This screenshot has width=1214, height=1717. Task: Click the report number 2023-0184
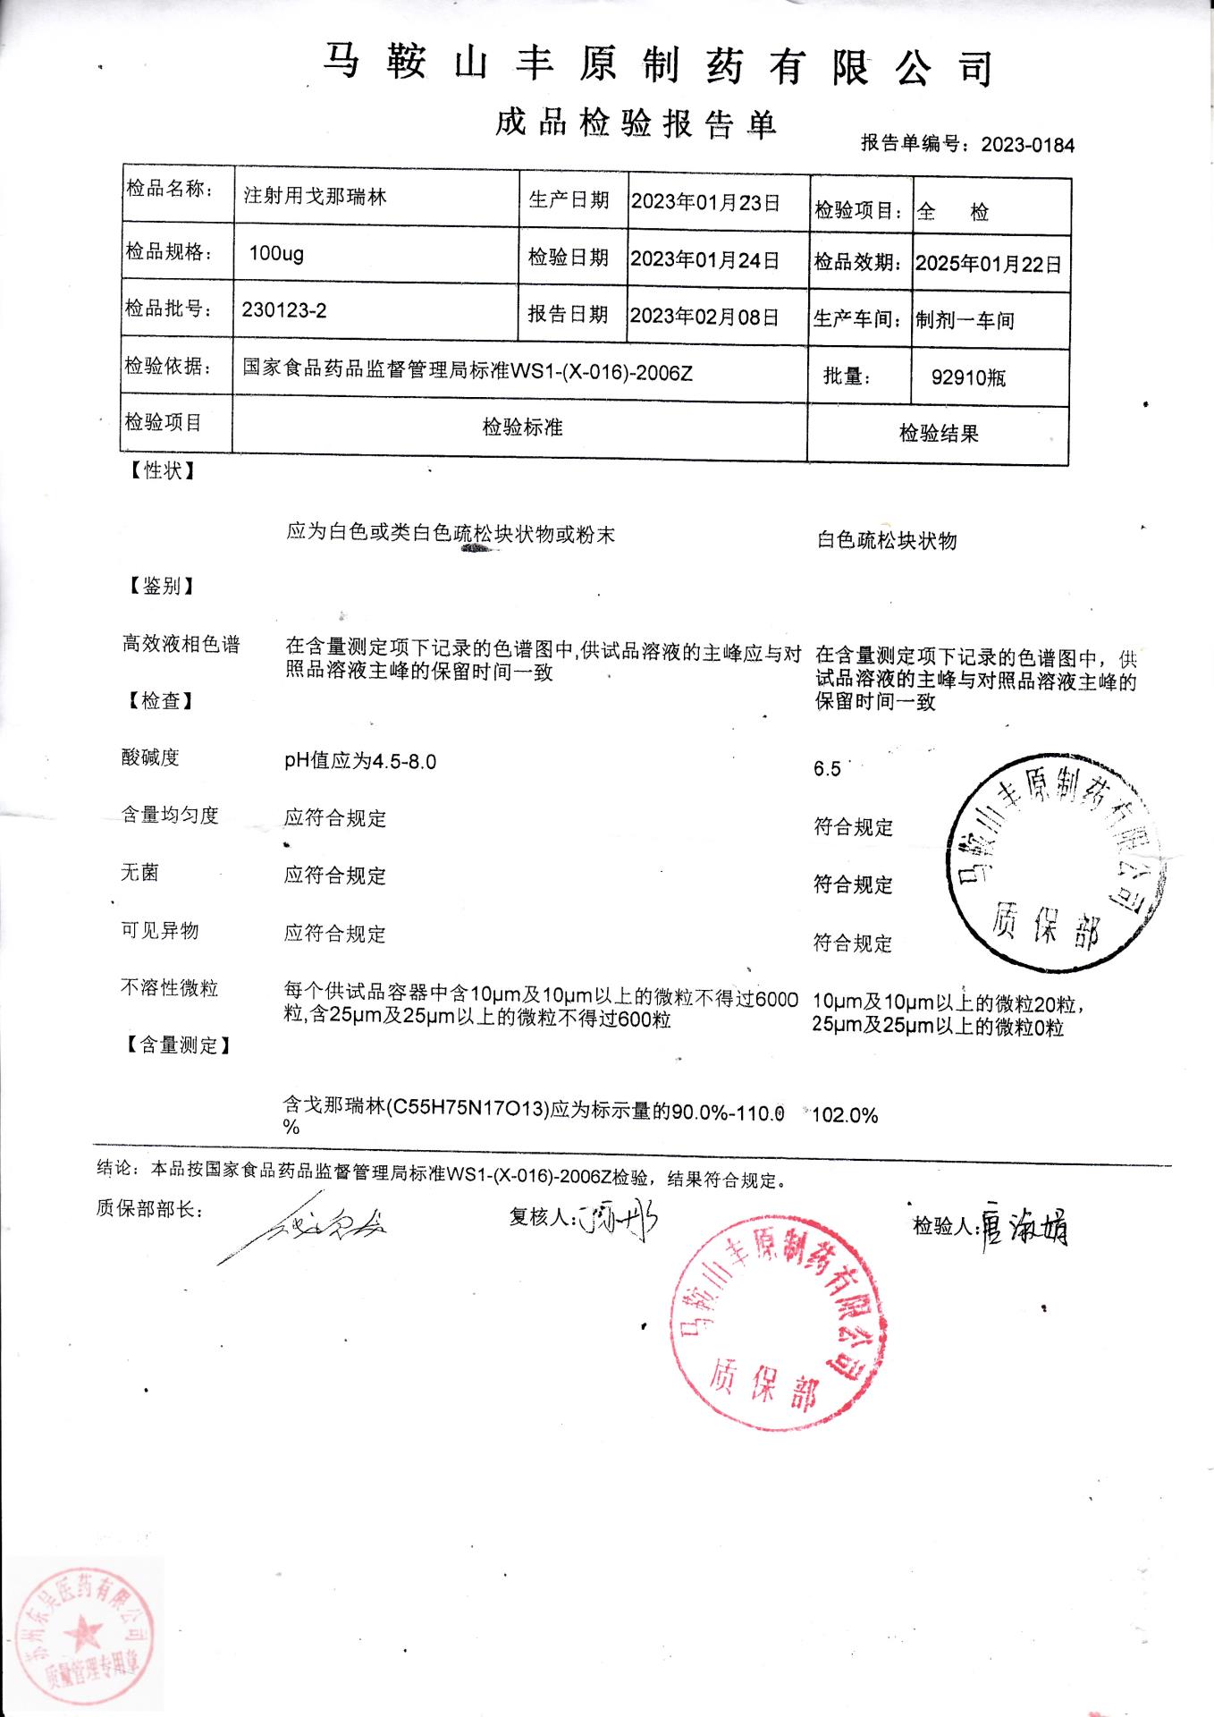click(1027, 145)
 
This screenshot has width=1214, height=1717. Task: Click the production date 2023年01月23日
click(705, 202)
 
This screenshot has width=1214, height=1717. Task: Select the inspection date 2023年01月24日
click(705, 259)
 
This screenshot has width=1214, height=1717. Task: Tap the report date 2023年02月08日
click(705, 316)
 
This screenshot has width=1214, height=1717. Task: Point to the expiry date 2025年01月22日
click(989, 264)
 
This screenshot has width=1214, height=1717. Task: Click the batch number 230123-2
click(284, 310)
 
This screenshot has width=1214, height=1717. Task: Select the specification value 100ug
click(276, 253)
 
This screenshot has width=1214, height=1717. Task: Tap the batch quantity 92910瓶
click(968, 377)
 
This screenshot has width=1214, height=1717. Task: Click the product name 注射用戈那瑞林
click(315, 196)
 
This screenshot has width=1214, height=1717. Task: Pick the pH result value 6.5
click(827, 769)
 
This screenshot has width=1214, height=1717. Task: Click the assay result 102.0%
click(845, 1115)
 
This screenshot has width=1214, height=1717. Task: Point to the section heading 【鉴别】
click(157, 586)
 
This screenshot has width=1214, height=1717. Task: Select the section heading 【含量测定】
click(174, 1045)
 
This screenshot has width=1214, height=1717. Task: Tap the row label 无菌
click(139, 872)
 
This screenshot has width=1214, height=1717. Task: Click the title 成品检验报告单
click(636, 123)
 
